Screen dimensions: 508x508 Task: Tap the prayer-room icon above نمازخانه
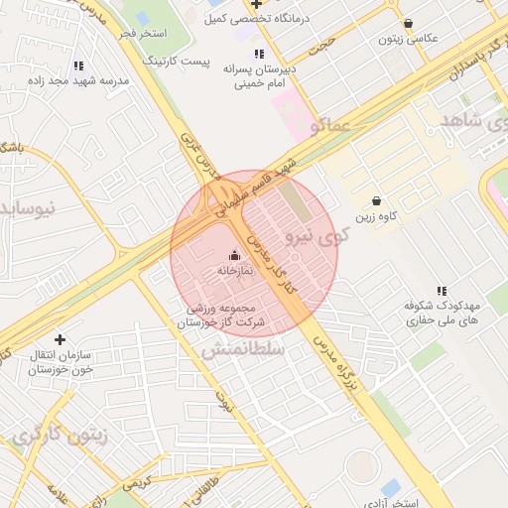tap(234, 254)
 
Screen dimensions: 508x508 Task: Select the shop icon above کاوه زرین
tap(375, 200)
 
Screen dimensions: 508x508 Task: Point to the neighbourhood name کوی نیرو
tap(317, 235)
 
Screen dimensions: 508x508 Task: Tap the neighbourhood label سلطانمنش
tap(243, 349)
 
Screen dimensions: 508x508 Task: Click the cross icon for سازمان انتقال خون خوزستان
tap(60, 339)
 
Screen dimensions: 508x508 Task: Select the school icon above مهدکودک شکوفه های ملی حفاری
tap(442, 291)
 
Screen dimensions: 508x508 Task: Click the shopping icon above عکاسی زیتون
tap(408, 24)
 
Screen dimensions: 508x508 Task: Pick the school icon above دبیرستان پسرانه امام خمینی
tap(259, 55)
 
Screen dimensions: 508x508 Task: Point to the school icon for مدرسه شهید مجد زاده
tap(78, 65)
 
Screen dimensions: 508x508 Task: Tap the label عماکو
tap(328, 126)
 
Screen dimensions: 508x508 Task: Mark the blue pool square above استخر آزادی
tap(391, 488)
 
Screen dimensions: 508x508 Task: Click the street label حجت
tap(322, 44)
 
